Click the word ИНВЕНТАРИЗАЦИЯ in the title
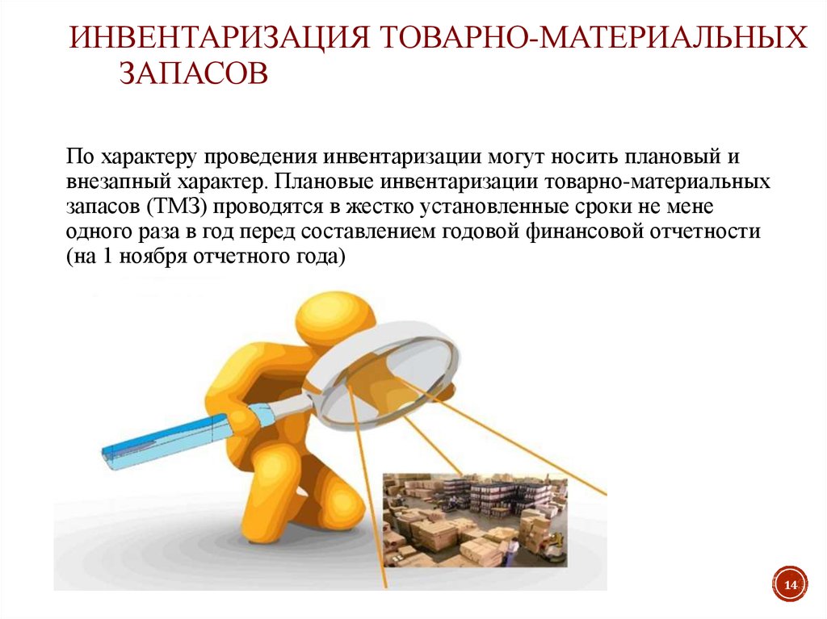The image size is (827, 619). pos(219,38)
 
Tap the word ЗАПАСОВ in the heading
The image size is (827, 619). pos(194,73)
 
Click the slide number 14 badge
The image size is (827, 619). pos(790,585)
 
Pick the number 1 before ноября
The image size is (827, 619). pos(107,257)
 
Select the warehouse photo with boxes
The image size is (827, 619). pos(475,520)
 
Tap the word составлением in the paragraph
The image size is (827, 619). pos(368,232)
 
